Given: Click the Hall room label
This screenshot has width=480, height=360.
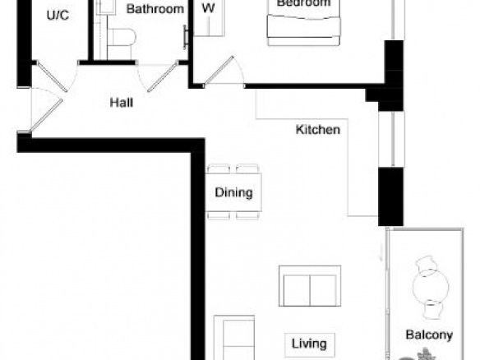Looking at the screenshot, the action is coord(122,103).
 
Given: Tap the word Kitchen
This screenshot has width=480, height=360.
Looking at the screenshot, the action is coord(318,130).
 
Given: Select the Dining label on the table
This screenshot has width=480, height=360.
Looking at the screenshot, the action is coord(234,192).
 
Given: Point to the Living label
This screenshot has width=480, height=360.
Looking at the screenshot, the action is coord(309,344).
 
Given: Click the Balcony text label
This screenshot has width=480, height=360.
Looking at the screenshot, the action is coord(429,335).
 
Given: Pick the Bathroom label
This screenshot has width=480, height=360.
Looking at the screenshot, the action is coord(155,9).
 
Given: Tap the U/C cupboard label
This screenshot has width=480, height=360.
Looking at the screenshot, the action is coord(58,16).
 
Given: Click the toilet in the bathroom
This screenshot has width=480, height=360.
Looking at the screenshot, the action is coord(122,37).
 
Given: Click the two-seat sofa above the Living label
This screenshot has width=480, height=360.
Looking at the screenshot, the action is coord(310,286).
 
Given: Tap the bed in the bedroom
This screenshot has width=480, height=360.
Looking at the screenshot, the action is coord(303,23).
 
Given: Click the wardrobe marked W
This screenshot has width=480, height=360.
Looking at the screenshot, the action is coord(210,18).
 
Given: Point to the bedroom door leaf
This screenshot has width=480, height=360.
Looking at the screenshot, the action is coord(219,70).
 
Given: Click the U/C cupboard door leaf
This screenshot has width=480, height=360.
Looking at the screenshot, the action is coord(52,76).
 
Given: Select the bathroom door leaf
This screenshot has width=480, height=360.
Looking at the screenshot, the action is coord(163,76).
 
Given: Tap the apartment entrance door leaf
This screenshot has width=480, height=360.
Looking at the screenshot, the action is coord(47,115).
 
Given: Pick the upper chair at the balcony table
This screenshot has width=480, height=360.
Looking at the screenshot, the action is coord(426,264).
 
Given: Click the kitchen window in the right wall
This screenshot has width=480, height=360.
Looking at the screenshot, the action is coord(392,139).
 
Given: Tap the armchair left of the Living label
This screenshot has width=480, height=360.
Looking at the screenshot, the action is coord(234,338).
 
